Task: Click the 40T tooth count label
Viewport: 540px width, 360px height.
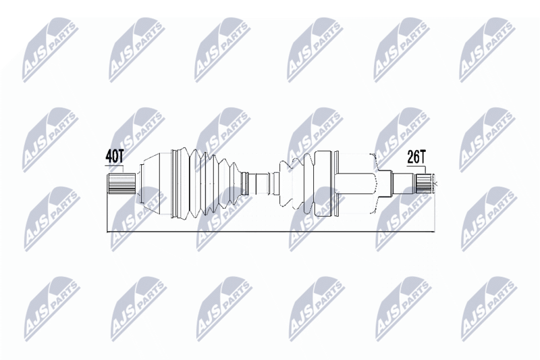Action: pos(115,156)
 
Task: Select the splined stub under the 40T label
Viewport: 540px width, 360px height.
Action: pos(122,182)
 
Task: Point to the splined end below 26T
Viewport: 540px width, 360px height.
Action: pos(423,182)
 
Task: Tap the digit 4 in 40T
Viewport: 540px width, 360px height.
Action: pos(109,156)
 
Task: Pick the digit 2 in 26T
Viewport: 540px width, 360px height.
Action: pos(410,157)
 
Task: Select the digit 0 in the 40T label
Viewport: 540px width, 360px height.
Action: pos(115,156)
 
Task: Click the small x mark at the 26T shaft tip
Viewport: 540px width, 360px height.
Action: pos(435,182)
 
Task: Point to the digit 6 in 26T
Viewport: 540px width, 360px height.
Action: pos(417,157)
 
